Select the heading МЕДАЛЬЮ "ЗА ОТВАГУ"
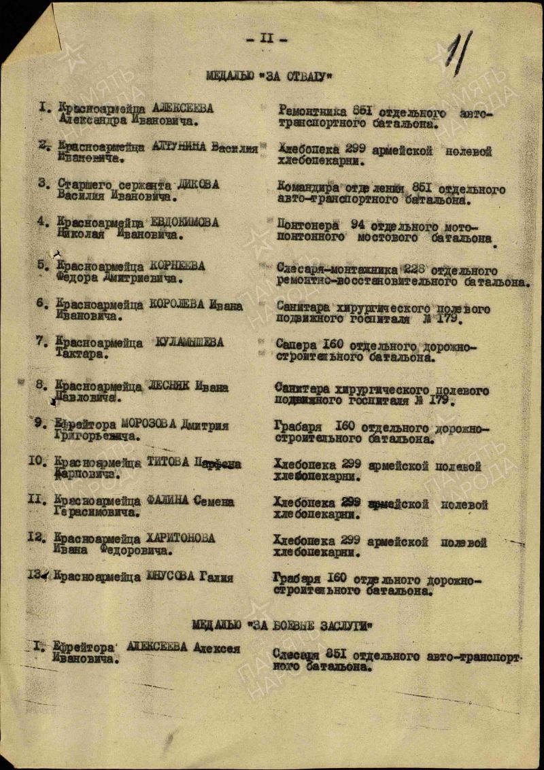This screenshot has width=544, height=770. (x=269, y=76)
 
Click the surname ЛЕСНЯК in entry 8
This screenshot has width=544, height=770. (x=168, y=386)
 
